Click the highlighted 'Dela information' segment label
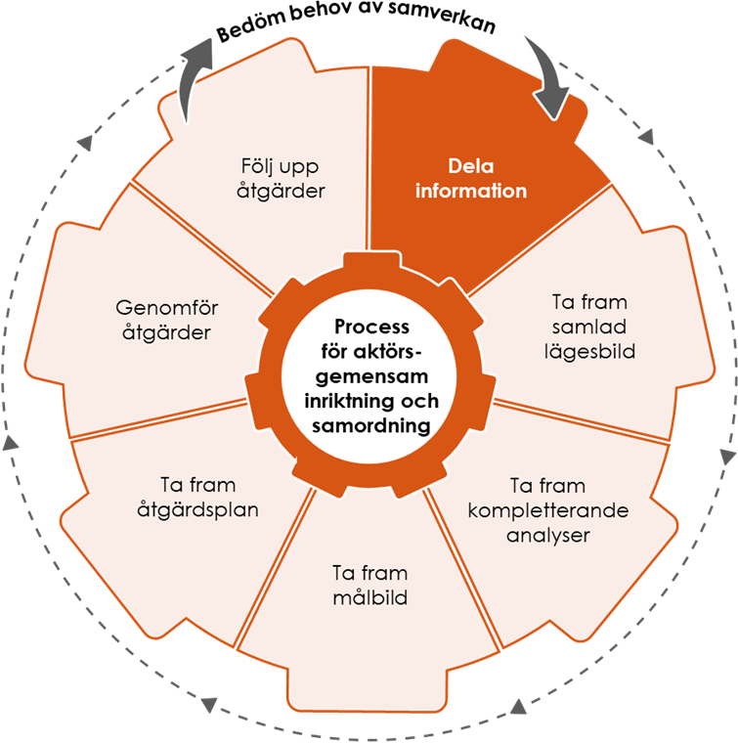[x=470, y=178]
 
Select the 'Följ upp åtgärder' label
[x=281, y=177]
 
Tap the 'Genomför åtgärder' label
[x=167, y=321]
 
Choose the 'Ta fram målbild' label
[x=369, y=585]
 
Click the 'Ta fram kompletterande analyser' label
[x=547, y=510]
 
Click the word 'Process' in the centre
[x=371, y=327]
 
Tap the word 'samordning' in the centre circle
[x=371, y=425]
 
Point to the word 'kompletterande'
[x=547, y=510]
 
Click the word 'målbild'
[x=369, y=597]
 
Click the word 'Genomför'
[x=167, y=309]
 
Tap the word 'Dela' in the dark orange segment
[x=470, y=165]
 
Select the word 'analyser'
[x=547, y=535]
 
